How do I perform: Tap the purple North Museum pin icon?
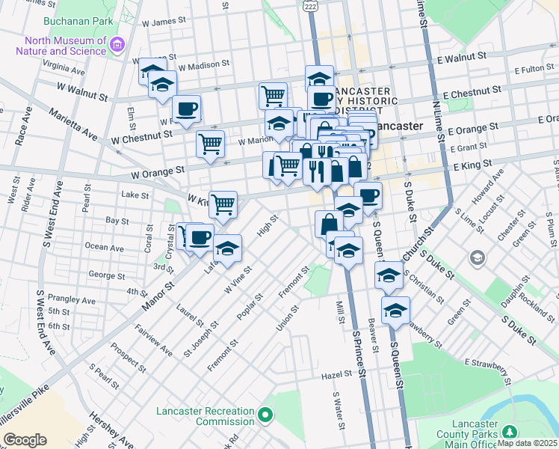[x=116, y=46]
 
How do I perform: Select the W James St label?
[x=173, y=22]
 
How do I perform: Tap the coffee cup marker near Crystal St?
[x=200, y=237]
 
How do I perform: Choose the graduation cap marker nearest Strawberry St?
[x=395, y=309]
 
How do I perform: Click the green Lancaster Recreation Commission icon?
[x=263, y=414]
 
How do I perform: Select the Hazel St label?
[x=336, y=373]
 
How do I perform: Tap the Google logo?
[x=25, y=440]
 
